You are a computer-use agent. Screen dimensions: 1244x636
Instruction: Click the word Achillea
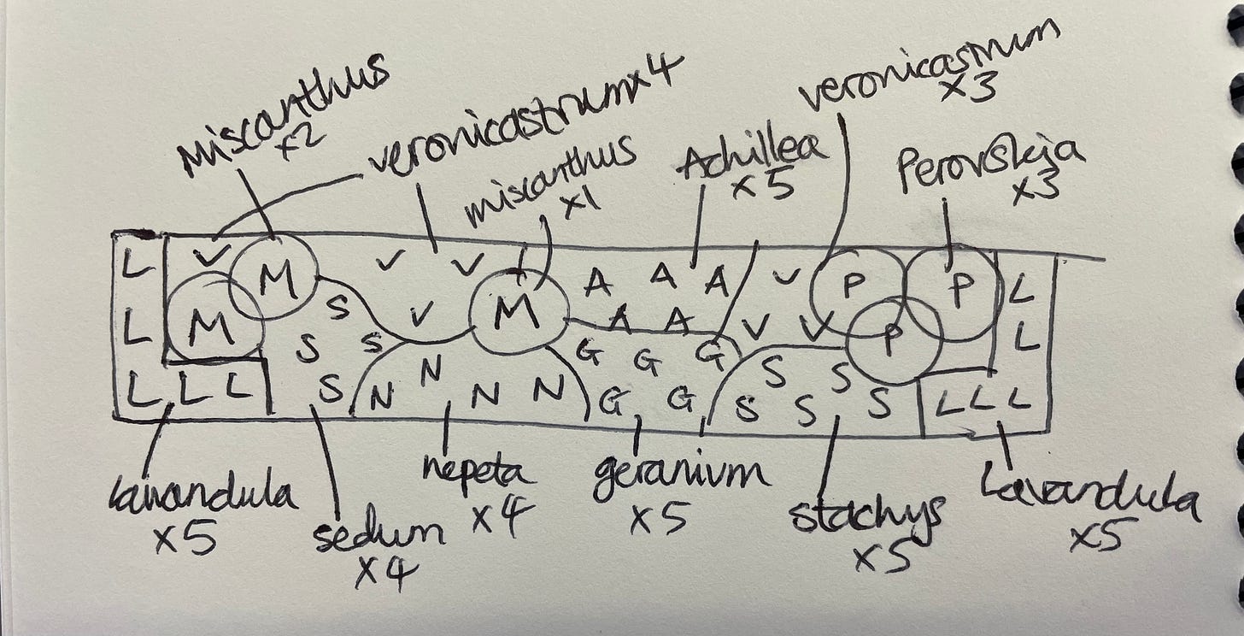(752, 157)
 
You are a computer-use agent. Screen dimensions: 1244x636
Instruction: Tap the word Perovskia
(989, 162)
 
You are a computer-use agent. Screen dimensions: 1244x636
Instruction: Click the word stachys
(867, 512)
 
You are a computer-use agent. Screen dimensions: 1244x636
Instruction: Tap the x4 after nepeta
(504, 516)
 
